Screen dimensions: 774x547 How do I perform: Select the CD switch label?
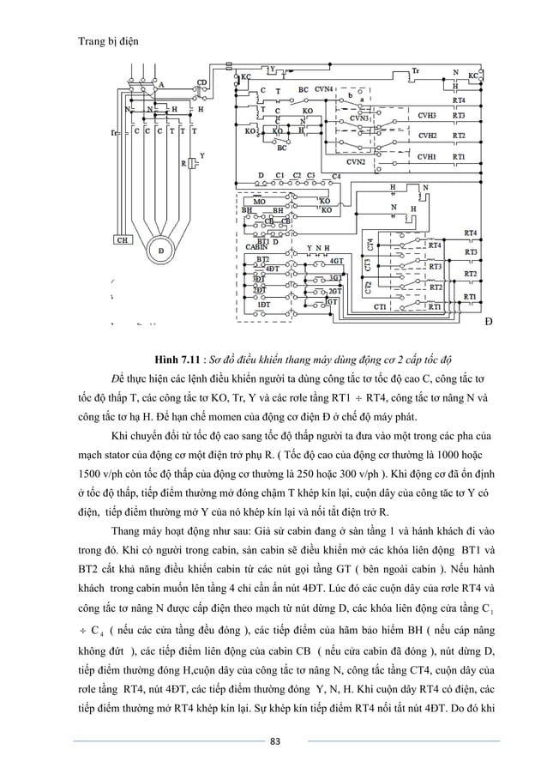[x=202, y=82]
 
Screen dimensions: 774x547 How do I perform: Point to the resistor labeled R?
[x=183, y=162]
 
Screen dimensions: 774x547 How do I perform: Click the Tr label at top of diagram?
[x=416, y=70]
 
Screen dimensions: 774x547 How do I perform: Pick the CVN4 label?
[x=325, y=89]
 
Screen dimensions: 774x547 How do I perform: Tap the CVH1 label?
[x=425, y=158]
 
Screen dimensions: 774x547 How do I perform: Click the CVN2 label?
[x=355, y=161]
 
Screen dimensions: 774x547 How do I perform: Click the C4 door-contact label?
[x=336, y=176]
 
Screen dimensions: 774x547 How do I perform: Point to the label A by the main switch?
[x=161, y=85]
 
